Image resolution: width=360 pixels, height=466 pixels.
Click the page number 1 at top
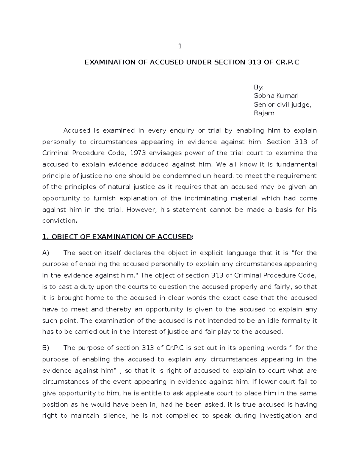[180, 47]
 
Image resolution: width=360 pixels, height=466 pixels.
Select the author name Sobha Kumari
[276, 96]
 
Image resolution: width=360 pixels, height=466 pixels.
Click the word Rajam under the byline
[264, 113]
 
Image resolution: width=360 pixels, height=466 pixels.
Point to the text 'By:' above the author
[259, 87]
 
